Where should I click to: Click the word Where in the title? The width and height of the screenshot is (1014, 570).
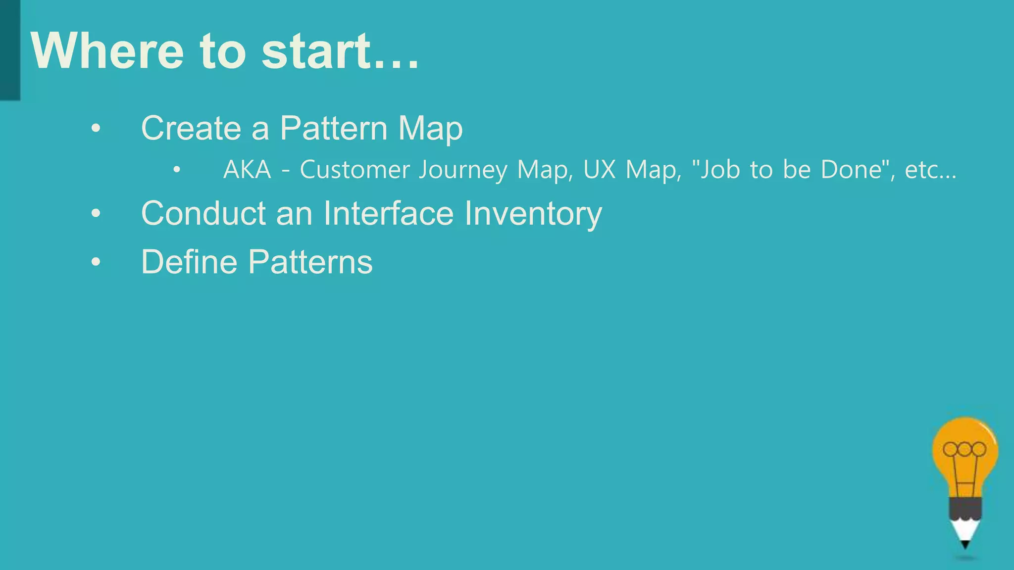(107, 51)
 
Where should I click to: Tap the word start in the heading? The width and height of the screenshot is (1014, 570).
(316, 51)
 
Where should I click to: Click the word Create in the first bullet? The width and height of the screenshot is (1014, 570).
(191, 128)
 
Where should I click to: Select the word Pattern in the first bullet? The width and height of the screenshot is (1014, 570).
(333, 128)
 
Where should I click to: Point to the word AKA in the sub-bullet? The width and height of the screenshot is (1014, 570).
(247, 170)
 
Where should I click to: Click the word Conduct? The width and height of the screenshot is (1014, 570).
(203, 214)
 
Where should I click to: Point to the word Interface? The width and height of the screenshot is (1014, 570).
(388, 214)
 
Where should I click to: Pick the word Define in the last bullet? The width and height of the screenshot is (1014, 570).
(190, 262)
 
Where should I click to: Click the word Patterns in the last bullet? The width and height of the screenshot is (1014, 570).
(310, 262)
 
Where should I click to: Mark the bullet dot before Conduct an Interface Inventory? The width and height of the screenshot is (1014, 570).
(96, 214)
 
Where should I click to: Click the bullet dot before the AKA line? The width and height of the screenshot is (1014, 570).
(177, 170)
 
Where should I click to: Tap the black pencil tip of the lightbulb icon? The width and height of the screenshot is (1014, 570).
(965, 545)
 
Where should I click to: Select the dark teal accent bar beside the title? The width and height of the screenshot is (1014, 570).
(10, 49)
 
